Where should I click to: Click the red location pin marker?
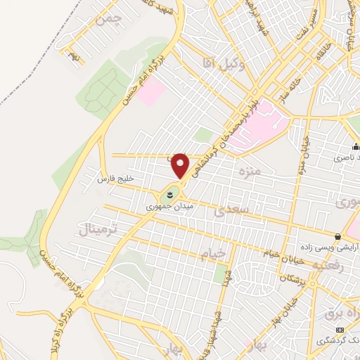click(x=181, y=166)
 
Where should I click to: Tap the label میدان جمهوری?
click(x=162, y=207)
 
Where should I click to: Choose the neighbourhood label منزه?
click(x=250, y=170)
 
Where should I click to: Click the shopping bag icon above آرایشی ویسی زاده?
click(x=338, y=236)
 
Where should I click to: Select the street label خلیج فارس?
click(x=115, y=180)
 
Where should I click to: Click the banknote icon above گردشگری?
click(x=340, y=330)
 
